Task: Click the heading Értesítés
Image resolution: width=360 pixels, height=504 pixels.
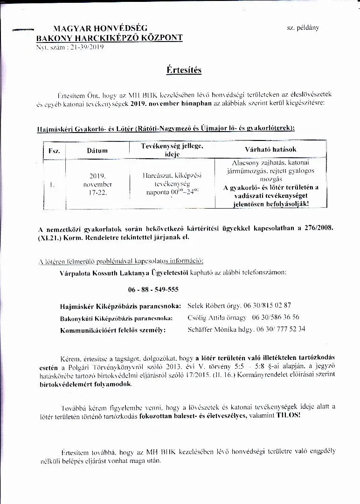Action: click(x=184, y=70)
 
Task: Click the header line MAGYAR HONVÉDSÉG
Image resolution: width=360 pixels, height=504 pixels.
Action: click(x=100, y=28)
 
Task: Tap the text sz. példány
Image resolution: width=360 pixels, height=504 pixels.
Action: click(x=303, y=28)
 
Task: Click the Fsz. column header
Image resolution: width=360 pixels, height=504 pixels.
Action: click(x=51, y=151)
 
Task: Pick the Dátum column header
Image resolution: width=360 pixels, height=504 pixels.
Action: click(x=97, y=151)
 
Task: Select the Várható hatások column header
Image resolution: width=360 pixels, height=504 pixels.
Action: click(x=270, y=150)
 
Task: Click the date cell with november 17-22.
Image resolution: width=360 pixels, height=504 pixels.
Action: click(x=97, y=184)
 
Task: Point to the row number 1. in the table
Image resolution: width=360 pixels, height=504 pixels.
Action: click(x=51, y=184)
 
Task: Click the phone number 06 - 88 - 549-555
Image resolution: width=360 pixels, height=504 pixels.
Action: click(x=153, y=289)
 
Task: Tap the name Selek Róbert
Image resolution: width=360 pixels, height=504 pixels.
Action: click(x=206, y=306)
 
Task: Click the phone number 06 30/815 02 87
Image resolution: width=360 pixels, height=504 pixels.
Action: click(x=267, y=306)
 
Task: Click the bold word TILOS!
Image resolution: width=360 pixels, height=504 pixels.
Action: click(x=289, y=414)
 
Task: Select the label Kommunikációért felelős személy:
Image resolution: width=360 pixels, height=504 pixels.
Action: click(x=113, y=330)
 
